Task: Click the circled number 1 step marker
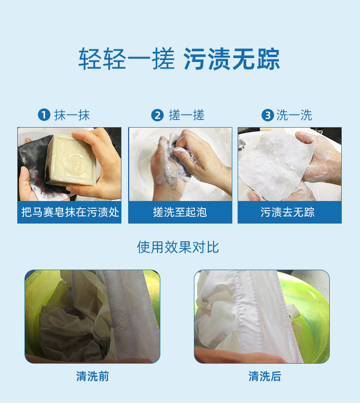[44, 115]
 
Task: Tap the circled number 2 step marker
[157, 115]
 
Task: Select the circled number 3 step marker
[268, 115]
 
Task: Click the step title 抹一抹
[72, 115]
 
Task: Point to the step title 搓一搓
[186, 115]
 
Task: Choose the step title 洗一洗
[294, 115]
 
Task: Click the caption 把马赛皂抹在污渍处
[70, 212]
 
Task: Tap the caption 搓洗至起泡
[180, 212]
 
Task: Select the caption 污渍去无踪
[288, 212]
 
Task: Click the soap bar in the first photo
[71, 159]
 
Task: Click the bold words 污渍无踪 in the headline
[232, 59]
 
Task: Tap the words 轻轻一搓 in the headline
[127, 59]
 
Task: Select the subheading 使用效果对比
[178, 247]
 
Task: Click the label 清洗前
[93, 376]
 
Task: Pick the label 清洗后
[265, 376]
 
